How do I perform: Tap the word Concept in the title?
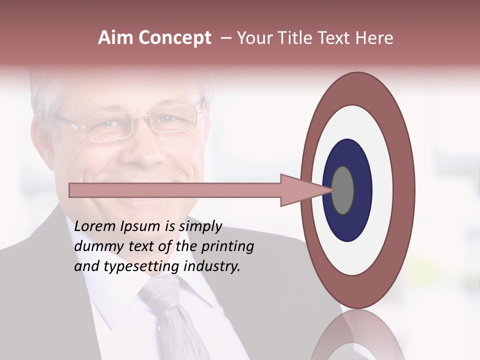(174, 38)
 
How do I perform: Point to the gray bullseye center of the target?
(343, 190)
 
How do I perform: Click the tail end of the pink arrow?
(73, 190)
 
